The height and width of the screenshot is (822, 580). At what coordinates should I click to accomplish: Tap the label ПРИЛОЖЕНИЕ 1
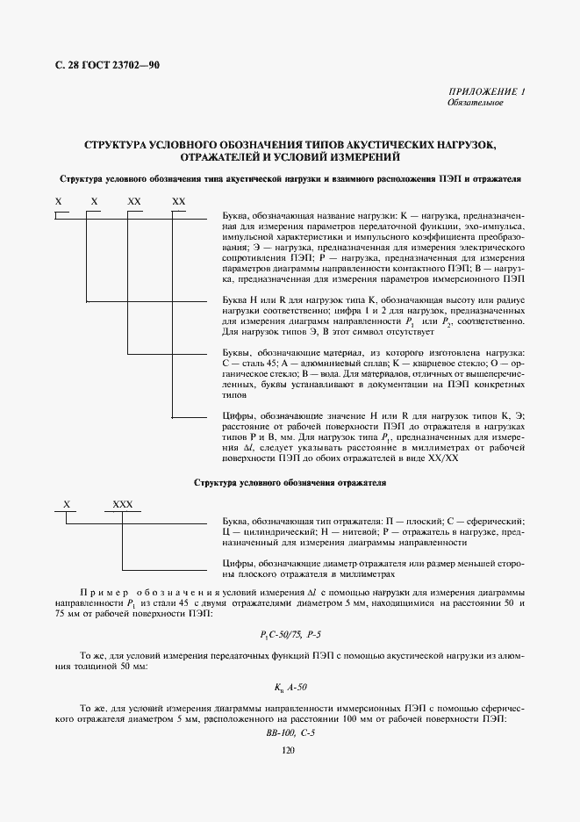click(486, 91)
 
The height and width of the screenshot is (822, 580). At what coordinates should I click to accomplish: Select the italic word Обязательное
click(475, 103)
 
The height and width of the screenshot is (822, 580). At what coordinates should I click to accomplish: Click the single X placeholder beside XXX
click(66, 505)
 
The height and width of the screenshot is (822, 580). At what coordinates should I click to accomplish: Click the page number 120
click(289, 750)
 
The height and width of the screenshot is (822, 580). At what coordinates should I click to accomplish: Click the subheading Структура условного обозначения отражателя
click(289, 483)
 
